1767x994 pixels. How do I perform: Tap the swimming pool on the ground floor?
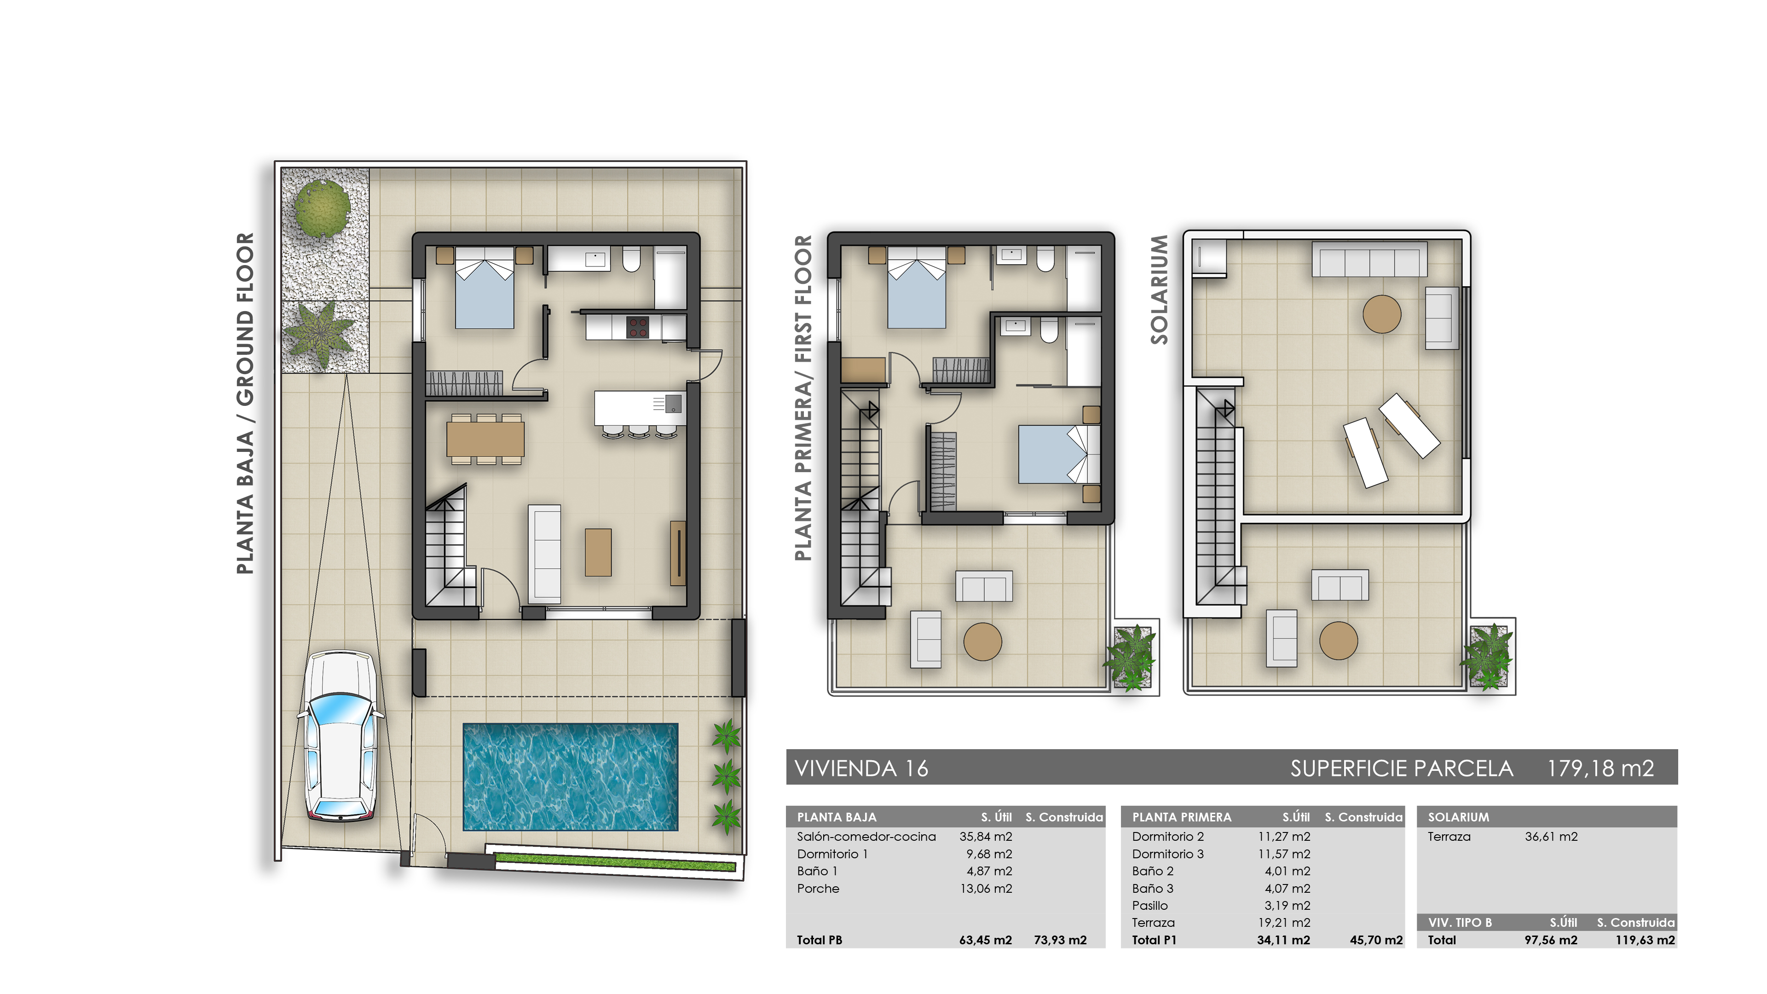tap(570, 776)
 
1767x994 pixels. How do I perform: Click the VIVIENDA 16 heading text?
tap(861, 769)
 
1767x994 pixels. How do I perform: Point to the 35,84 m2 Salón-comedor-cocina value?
tap(985, 836)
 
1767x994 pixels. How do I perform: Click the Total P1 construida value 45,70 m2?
tap(1375, 940)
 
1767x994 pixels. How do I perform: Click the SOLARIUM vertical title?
tap(1159, 289)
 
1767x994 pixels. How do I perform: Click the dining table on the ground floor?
tap(485, 439)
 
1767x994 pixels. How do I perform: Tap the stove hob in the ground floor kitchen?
tap(638, 327)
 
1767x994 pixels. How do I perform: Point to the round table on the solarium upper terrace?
tap(1381, 314)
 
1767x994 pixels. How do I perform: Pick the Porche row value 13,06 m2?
tap(985, 888)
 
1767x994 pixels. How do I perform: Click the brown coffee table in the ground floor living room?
tap(597, 552)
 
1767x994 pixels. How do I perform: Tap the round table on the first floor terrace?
tap(982, 641)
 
